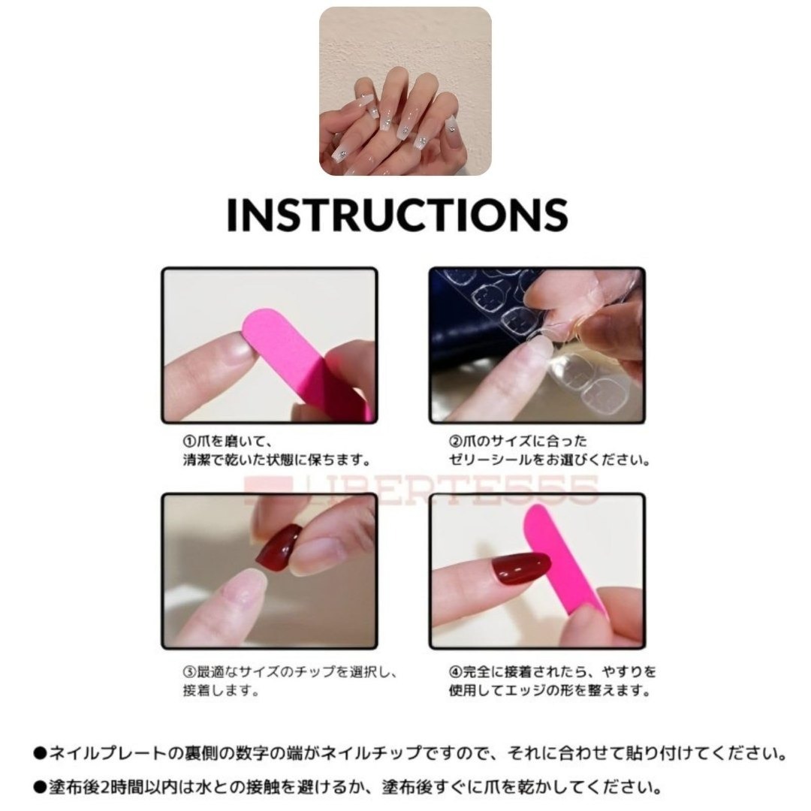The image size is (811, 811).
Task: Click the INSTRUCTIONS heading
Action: coord(397,215)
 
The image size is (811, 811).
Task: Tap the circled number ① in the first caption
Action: coord(190,442)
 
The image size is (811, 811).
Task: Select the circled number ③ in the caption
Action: coord(190,671)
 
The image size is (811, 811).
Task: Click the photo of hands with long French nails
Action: coord(405,91)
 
